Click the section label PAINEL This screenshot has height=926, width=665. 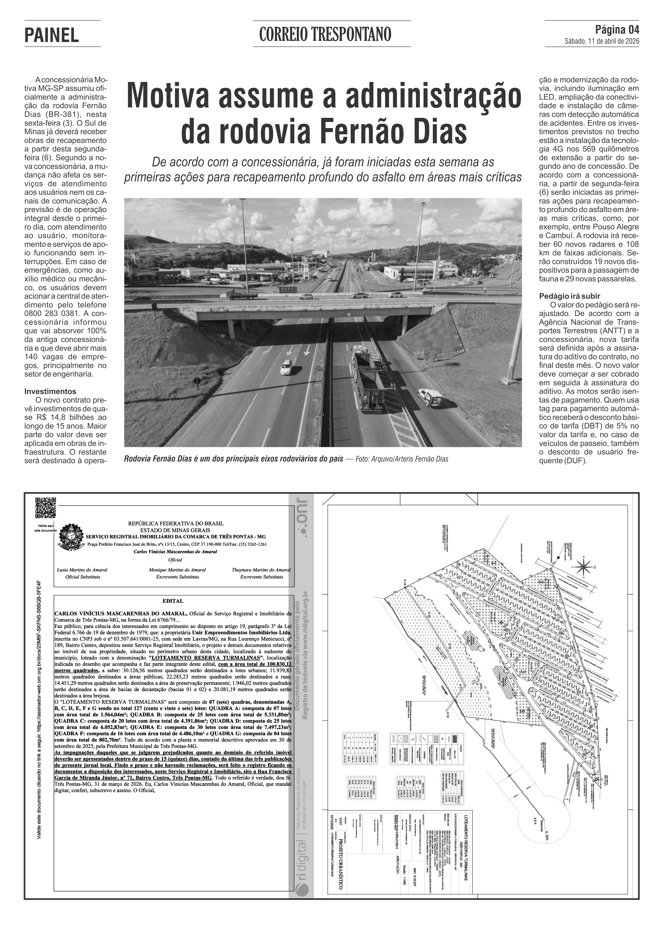point(52,36)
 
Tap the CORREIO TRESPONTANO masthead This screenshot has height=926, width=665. point(325,35)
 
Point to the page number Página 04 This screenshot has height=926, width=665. point(617,30)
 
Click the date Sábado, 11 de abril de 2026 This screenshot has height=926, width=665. point(602,41)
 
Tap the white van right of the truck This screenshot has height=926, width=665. point(430,397)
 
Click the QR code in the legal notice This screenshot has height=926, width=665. point(45,508)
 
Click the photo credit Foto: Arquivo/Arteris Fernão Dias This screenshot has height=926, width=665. point(402,459)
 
